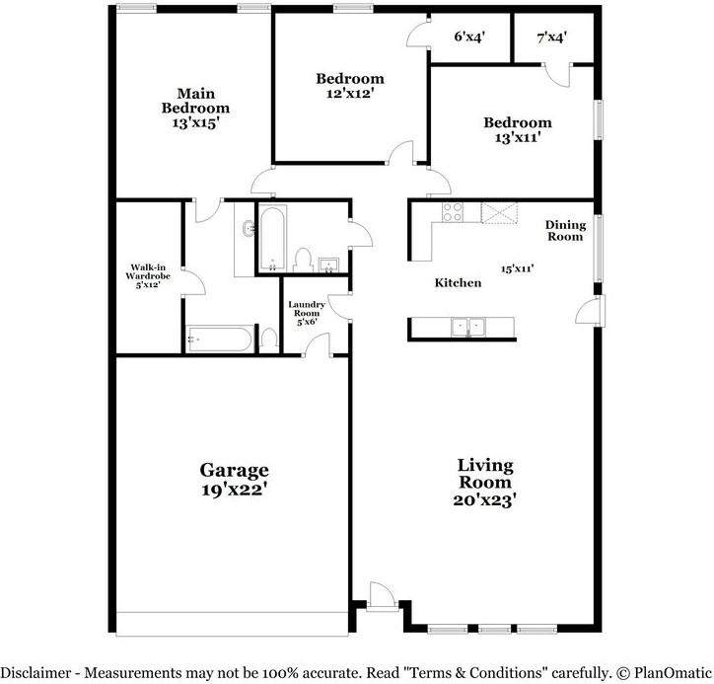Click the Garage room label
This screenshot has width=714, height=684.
point(234,470)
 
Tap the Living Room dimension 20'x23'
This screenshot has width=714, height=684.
point(484,499)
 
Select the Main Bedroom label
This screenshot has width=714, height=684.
point(195,101)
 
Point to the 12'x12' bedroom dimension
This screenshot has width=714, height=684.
point(350,94)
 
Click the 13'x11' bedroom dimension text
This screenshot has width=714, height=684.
point(517,138)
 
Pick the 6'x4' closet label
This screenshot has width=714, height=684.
point(469,38)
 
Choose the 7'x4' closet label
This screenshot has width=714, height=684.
point(552,38)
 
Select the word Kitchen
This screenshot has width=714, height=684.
point(459,283)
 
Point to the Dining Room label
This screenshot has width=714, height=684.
point(565,231)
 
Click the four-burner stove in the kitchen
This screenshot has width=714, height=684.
point(454,210)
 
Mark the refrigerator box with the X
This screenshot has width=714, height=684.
point(497,210)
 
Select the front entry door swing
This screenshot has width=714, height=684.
point(382,596)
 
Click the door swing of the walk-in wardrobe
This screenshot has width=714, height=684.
point(196,282)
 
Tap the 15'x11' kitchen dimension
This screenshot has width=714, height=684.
point(517,267)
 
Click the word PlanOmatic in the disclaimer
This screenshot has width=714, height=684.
point(670,672)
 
